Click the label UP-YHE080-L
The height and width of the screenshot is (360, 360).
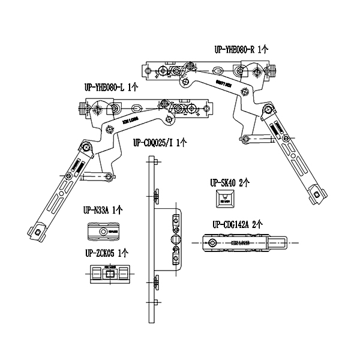[x=104, y=88]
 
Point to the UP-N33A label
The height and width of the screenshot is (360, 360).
[x=97, y=211]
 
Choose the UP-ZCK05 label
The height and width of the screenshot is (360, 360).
[x=100, y=253]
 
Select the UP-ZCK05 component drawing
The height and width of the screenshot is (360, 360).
[x=109, y=274]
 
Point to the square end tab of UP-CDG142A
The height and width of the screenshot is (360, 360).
[x=277, y=243]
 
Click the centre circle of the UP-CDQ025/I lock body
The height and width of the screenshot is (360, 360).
[x=175, y=239]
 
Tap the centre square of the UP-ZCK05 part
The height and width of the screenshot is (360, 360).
[x=109, y=274]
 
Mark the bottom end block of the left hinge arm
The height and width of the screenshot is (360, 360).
[x=37, y=232]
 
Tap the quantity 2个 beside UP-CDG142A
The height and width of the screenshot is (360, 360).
[x=257, y=224]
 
